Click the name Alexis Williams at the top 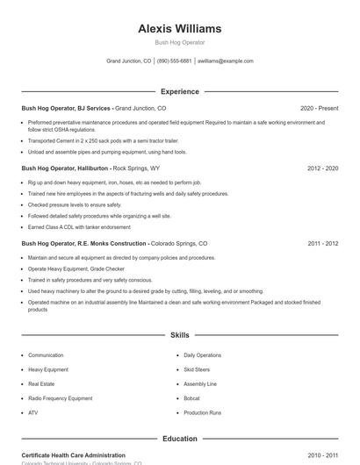(179, 28)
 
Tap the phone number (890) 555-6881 (174, 61)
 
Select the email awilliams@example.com (226, 61)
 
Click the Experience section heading (179, 91)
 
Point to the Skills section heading (179, 335)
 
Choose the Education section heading (179, 438)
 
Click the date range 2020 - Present (319, 108)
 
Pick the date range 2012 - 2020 (322, 168)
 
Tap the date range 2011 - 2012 (322, 243)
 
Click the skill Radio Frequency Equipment (60, 398)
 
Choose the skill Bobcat (192, 398)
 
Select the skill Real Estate (41, 383)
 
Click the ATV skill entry (33, 412)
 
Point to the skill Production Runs (203, 412)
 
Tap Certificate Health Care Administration (74, 455)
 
